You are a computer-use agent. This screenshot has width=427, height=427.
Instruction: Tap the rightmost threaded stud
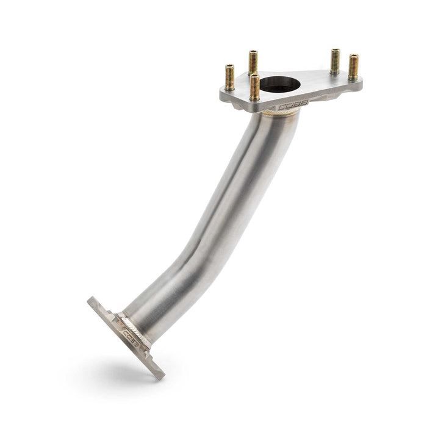(353, 67)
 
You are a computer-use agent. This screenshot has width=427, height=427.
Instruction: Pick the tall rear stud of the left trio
(253, 62)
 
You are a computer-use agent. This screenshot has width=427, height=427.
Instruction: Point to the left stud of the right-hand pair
(335, 61)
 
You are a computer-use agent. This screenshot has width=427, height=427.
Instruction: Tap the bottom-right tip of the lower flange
(160, 375)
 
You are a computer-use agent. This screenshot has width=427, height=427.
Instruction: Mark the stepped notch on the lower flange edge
(113, 318)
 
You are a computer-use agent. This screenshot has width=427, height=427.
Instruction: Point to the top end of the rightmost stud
(353, 56)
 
